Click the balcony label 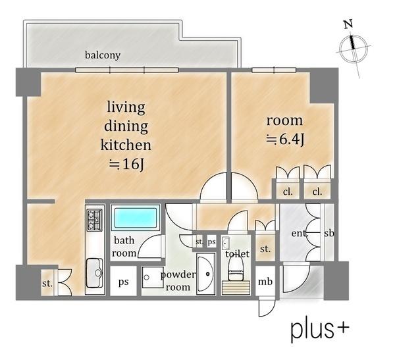pyautogui.click(x=103, y=55)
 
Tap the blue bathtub pyautogui.click(x=136, y=217)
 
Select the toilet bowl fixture pyautogui.click(x=236, y=271)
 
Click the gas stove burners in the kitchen pyautogui.click(x=94, y=220)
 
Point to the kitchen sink pyautogui.click(x=95, y=273)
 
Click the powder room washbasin pyautogui.click(x=205, y=274)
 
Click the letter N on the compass pyautogui.click(x=348, y=24)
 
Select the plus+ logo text pyautogui.click(x=320, y=329)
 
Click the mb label pyautogui.click(x=265, y=282)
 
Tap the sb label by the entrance pyautogui.click(x=329, y=234)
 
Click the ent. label pyautogui.click(x=300, y=234)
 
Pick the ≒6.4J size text pyautogui.click(x=285, y=140)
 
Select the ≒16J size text pyautogui.click(x=126, y=165)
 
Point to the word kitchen pyautogui.click(x=126, y=145)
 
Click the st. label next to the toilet pyautogui.click(x=265, y=249)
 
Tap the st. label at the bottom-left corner pyautogui.click(x=47, y=284)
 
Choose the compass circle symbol pyautogui.click(x=352, y=49)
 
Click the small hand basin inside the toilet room pyautogui.click(x=225, y=243)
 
